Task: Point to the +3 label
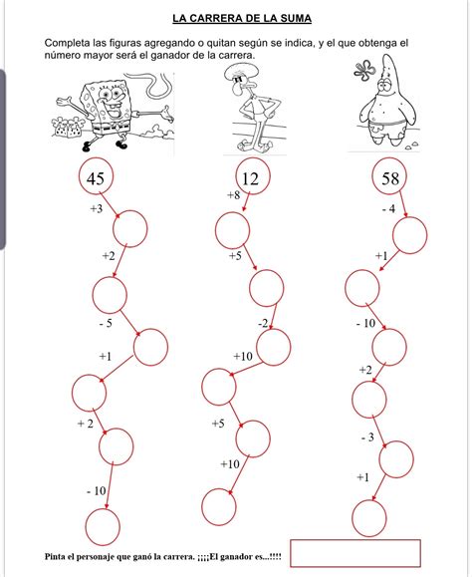click(x=97, y=208)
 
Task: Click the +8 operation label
click(x=233, y=194)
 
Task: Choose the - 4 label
click(x=389, y=209)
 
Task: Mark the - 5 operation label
click(x=106, y=324)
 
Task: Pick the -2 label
click(x=263, y=323)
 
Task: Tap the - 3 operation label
click(x=367, y=437)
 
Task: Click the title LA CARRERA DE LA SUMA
click(x=242, y=18)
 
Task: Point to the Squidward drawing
click(x=254, y=108)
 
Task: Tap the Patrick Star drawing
click(x=386, y=103)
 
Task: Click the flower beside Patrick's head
click(x=364, y=71)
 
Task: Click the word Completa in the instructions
click(x=67, y=43)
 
